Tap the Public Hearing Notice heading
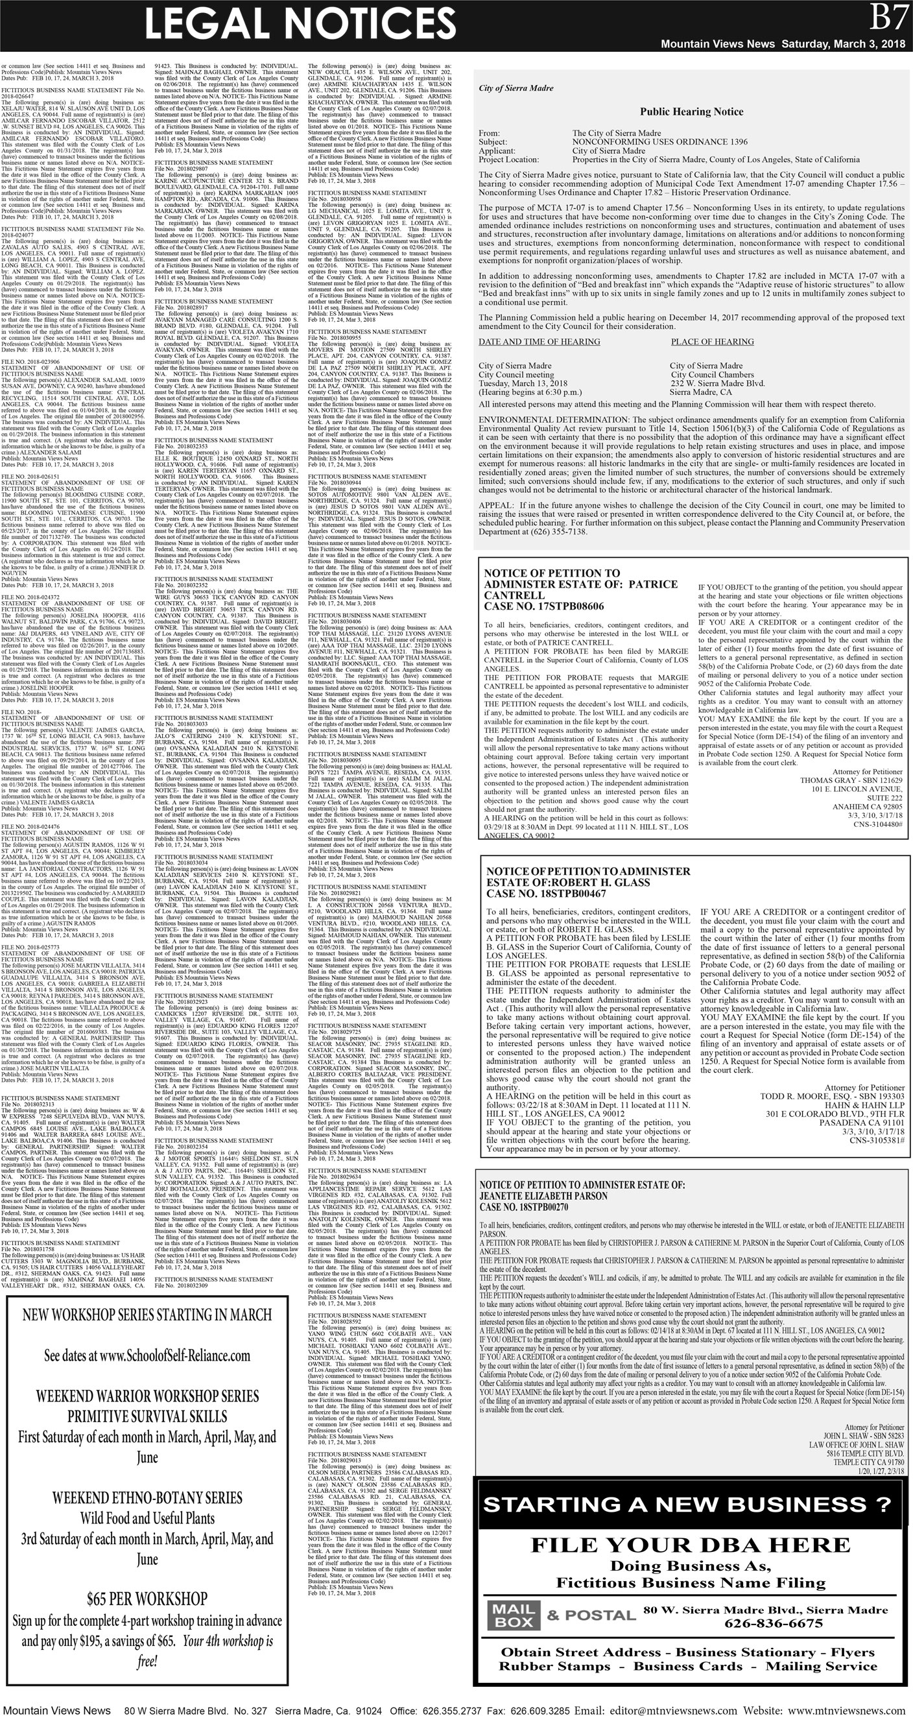691,112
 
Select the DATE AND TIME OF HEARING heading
539,342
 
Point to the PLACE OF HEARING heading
712,342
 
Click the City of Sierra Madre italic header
506,88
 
